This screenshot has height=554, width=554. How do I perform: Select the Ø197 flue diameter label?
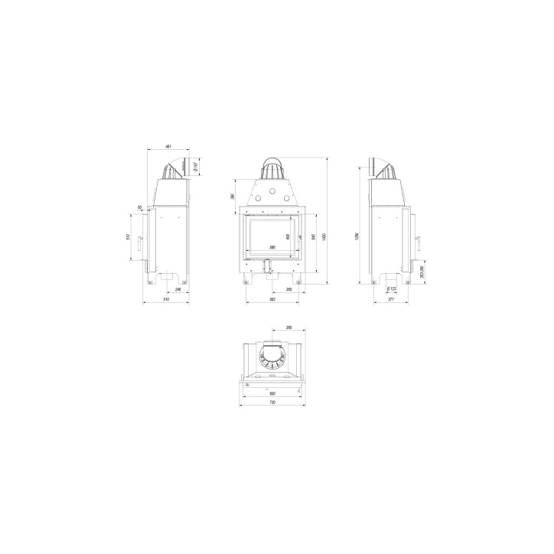(196, 167)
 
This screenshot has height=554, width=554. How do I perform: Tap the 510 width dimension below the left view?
(167, 299)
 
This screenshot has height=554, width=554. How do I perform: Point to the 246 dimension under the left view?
(178, 289)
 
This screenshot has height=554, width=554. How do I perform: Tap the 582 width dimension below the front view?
(272, 299)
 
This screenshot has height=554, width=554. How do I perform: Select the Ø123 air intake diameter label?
(391, 289)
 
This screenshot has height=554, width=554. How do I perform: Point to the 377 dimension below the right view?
(391, 299)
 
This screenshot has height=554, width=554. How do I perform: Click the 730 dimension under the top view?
(272, 402)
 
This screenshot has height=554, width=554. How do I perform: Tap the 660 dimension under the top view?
(272, 393)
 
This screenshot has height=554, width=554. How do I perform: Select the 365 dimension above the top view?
(288, 328)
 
